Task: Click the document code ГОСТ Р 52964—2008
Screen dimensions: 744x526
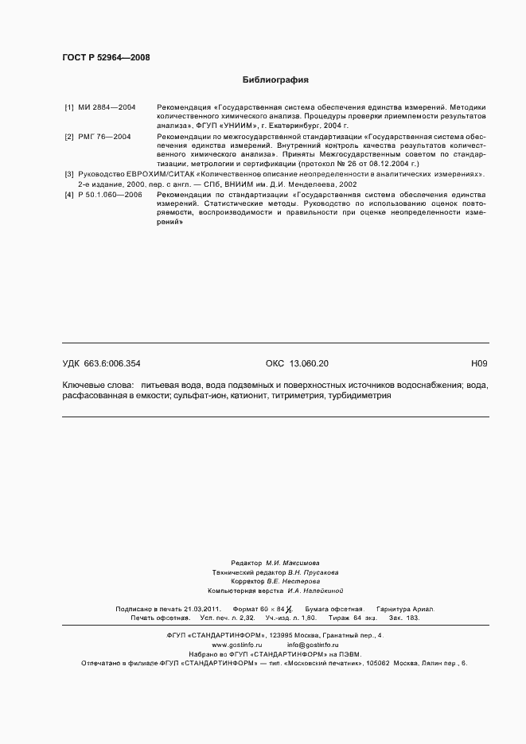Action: pos(106,57)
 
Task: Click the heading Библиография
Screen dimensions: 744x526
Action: pos(275,80)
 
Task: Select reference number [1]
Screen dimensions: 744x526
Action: pos(69,107)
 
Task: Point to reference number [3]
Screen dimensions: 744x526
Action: pos(69,175)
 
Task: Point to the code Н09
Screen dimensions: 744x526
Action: pos(479,363)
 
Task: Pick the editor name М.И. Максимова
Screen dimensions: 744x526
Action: pos(292,562)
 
